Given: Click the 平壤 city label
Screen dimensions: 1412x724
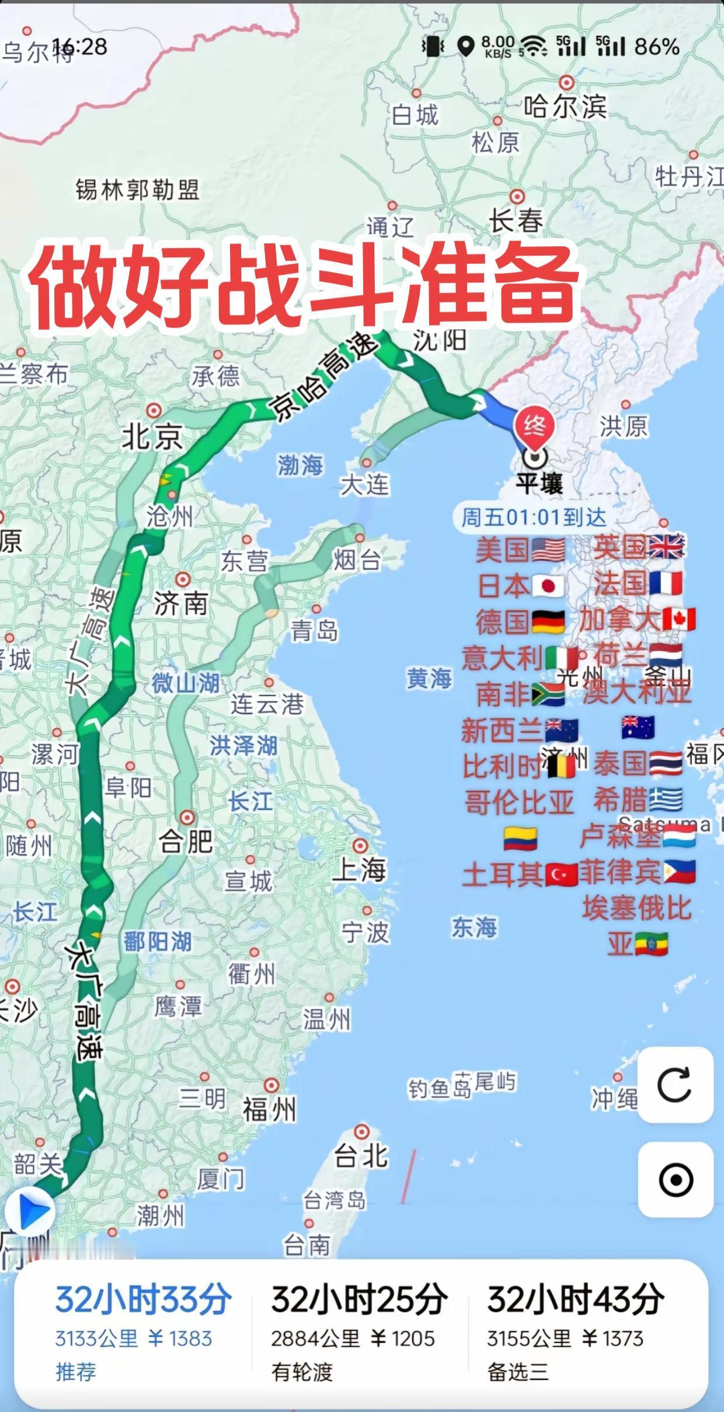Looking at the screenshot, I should pyautogui.click(x=539, y=484).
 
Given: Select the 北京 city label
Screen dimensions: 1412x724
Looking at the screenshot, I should pyautogui.click(x=152, y=437).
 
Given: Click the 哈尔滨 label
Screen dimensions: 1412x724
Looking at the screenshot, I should pyautogui.click(x=565, y=107).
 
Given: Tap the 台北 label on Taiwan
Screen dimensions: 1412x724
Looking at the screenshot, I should pyautogui.click(x=360, y=1155).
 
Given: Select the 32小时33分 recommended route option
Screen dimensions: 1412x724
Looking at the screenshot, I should pyautogui.click(x=143, y=1333).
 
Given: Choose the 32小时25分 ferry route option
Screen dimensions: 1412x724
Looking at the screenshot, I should pyautogui.click(x=358, y=1333).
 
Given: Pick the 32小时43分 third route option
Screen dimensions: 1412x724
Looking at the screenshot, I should pyautogui.click(x=575, y=1333).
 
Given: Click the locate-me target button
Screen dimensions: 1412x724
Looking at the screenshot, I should pyautogui.click(x=675, y=1180).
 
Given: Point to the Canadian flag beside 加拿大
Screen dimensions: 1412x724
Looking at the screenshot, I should pyautogui.click(x=679, y=619).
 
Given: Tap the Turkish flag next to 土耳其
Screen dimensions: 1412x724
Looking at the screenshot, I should pyautogui.click(x=562, y=875).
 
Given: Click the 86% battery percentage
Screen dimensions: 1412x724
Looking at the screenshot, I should pyautogui.click(x=657, y=47).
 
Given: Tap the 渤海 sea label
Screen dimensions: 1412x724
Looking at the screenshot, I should pyautogui.click(x=300, y=465).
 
